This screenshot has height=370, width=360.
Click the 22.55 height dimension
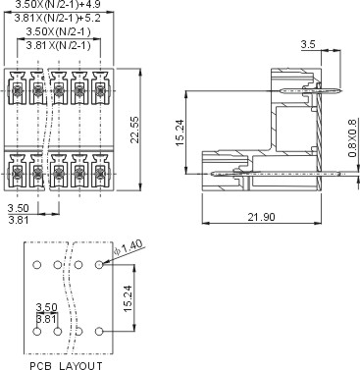(135, 130)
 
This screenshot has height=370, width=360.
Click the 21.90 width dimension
(261, 217)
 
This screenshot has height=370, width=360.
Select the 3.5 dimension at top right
(308, 44)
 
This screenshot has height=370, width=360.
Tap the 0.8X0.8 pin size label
(352, 138)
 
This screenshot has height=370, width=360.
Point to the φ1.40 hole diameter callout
(129, 247)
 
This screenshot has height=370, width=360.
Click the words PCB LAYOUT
(66, 365)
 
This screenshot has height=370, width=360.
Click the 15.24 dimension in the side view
(180, 132)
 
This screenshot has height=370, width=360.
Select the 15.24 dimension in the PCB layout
(128, 298)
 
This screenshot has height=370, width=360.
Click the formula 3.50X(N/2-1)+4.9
(58, 4)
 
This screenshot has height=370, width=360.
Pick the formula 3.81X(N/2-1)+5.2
(58, 18)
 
